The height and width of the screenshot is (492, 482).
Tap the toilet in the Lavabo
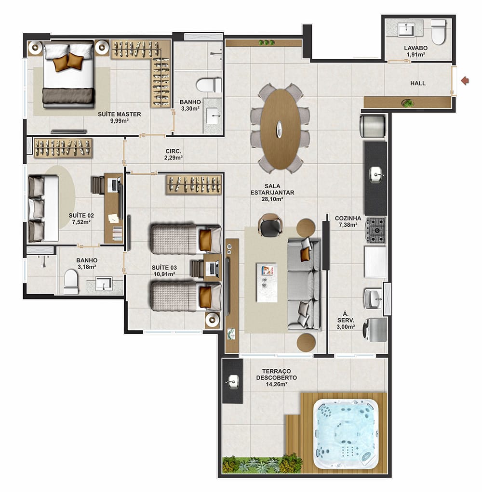point(439,32)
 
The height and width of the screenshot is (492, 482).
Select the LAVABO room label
point(415,48)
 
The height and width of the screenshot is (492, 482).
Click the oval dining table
point(280,129)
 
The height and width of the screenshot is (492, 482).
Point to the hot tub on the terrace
point(346,434)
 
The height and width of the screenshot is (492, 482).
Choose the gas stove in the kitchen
point(375,230)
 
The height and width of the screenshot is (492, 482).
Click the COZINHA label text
point(348,218)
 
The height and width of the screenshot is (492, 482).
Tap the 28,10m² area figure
point(272,199)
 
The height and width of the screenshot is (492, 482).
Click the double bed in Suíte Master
point(68,75)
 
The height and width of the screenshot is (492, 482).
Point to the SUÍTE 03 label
point(164,267)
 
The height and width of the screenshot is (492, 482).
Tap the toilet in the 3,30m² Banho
point(209,85)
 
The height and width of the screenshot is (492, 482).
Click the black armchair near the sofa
point(270,225)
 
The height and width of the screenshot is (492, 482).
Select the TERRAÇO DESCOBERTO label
point(277,375)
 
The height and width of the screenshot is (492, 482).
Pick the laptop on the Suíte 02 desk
point(114,184)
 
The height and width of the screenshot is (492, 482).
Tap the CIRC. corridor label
point(173,151)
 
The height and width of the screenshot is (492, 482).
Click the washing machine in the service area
point(375,329)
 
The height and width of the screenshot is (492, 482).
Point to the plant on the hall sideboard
point(408,103)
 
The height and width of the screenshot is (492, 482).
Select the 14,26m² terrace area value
point(277,384)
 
